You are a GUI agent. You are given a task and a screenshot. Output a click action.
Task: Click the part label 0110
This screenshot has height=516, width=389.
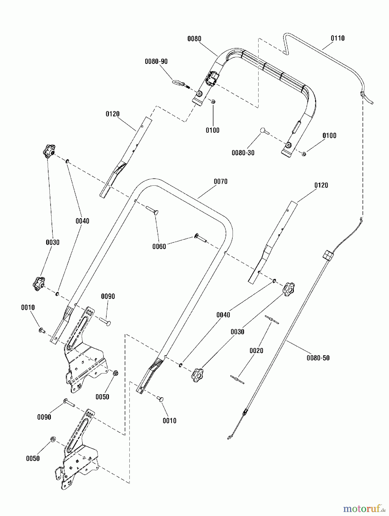tap(338, 38)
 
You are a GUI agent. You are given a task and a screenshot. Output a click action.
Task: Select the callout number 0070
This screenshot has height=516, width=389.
tap(221, 181)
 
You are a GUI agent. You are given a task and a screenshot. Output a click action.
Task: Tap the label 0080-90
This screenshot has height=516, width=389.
tap(156, 61)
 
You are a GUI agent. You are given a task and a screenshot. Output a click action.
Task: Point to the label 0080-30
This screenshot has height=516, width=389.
tap(243, 153)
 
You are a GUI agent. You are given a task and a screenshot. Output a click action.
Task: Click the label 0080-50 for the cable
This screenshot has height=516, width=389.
tap(318, 358)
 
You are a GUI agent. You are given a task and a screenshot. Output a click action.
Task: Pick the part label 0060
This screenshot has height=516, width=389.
tap(159, 247)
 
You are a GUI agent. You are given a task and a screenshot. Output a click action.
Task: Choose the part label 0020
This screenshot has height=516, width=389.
tap(256, 351)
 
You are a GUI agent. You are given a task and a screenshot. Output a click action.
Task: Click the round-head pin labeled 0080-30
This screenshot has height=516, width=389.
tap(265, 131)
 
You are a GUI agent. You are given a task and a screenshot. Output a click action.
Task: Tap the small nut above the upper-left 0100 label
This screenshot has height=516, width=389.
tap(213, 101)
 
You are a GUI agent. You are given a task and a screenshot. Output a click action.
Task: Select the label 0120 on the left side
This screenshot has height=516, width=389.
tap(113, 114)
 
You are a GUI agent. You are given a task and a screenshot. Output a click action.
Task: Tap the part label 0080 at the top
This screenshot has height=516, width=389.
tap(194, 39)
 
